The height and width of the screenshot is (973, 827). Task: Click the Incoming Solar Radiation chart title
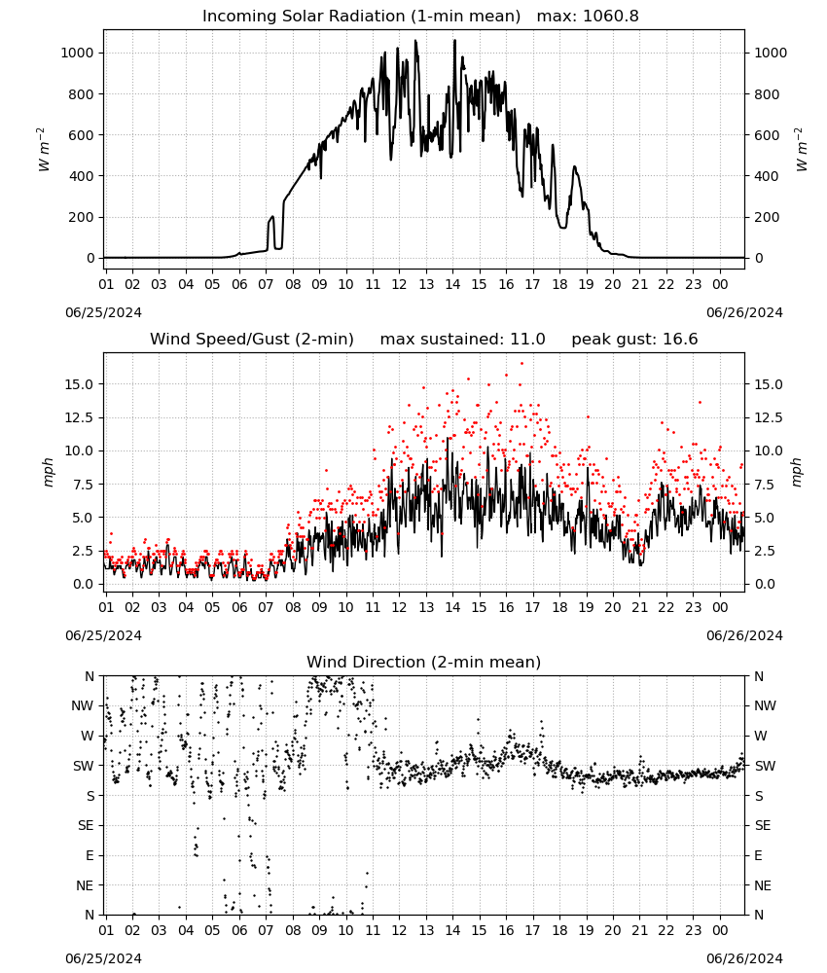tap(361, 17)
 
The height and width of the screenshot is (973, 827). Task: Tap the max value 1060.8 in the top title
tap(610, 17)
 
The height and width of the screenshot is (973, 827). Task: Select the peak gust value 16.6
tap(679, 340)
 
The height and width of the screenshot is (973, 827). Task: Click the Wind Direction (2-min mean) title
tap(424, 662)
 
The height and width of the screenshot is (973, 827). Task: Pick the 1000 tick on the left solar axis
tap(77, 53)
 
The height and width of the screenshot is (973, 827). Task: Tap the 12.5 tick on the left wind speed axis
tap(79, 417)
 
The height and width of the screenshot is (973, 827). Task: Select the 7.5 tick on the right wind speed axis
tap(765, 485)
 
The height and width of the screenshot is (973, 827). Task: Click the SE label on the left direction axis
tap(86, 825)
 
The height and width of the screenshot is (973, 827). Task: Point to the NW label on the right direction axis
tap(765, 705)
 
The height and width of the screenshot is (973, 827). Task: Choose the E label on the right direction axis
tap(758, 855)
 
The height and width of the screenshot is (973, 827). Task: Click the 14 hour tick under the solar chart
tap(452, 284)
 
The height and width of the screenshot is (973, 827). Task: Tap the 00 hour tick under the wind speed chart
tap(720, 607)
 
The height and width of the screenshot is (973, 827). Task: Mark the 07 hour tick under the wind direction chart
tap(266, 931)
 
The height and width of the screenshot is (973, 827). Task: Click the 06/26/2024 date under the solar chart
tap(744, 312)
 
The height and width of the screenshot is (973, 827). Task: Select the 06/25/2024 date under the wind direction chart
tap(103, 958)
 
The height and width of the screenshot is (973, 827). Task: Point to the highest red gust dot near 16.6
tap(521, 364)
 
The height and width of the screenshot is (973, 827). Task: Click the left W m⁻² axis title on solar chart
tap(44, 150)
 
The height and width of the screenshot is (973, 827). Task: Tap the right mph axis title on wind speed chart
tap(797, 472)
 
